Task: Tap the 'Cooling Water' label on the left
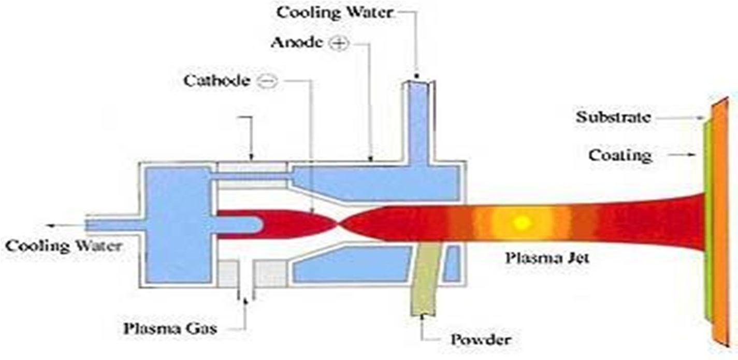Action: pos(63,246)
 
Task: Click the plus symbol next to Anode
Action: pos(338,45)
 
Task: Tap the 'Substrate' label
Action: pos(613,117)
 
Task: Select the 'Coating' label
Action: pos(620,155)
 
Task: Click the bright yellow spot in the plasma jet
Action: pos(522,223)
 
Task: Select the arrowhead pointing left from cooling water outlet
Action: pos(49,225)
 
